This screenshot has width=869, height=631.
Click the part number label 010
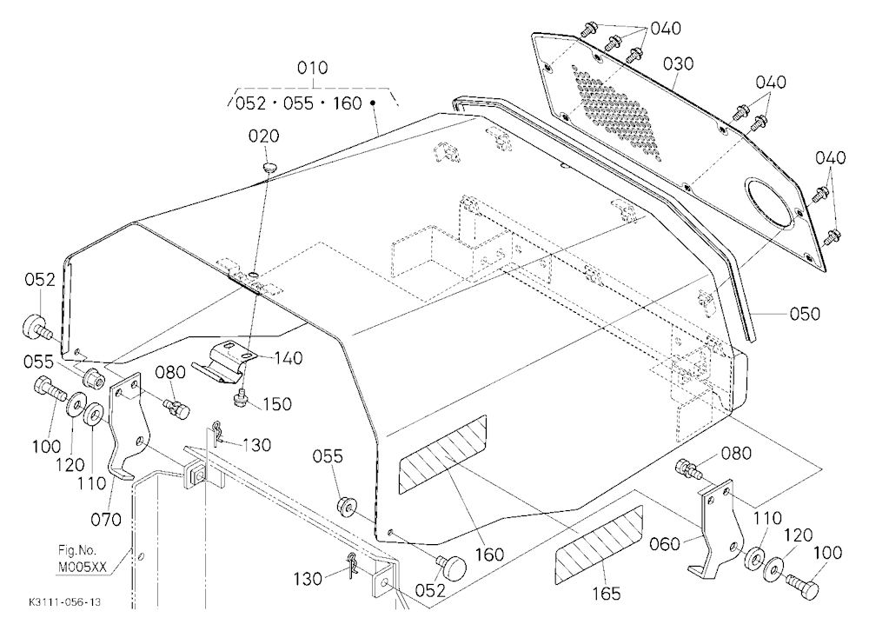point(313,68)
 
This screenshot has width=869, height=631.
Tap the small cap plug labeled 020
point(269,166)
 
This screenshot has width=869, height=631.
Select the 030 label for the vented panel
point(679,64)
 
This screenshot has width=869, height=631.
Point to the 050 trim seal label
point(804,314)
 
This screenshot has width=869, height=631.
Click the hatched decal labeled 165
point(599,544)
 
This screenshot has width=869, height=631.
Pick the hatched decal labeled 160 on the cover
point(443,455)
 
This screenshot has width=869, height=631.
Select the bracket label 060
point(665,544)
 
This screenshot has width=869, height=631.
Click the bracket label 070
point(106,520)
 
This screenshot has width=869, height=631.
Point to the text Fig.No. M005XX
point(82,559)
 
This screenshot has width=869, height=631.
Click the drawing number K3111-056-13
point(65,602)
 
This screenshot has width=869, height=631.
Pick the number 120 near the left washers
point(70,465)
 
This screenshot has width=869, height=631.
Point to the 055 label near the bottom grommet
point(328,456)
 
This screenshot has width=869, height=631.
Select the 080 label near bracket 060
point(736,454)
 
